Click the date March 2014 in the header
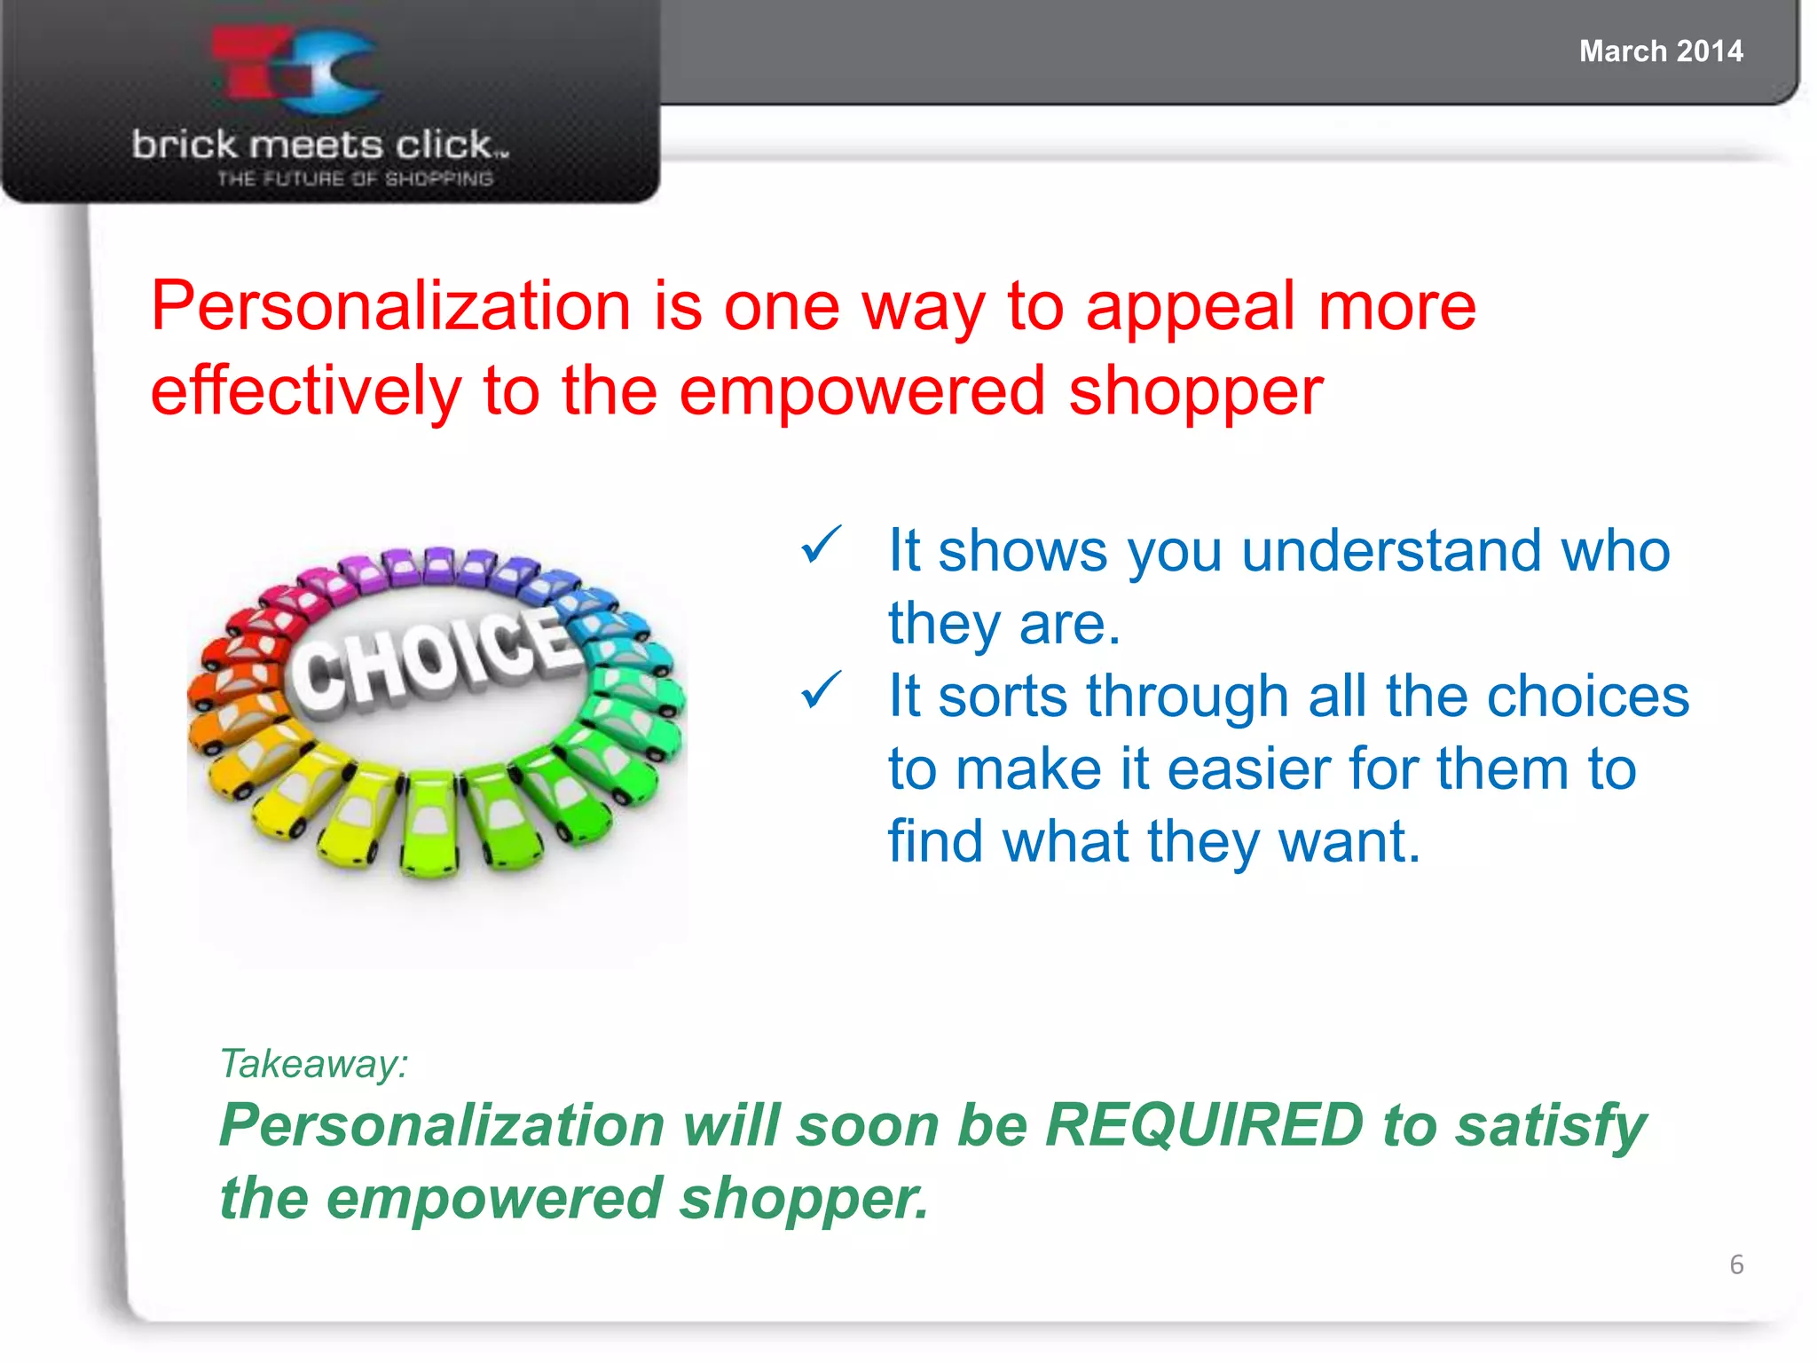tap(1660, 51)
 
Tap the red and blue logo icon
tap(297, 71)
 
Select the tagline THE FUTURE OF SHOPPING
tap(355, 178)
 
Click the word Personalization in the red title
tap(390, 307)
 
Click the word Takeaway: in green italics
tap(314, 1063)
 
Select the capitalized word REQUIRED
tap(1203, 1125)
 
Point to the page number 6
tap(1735, 1264)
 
